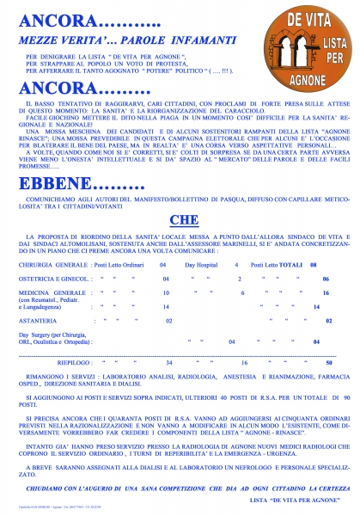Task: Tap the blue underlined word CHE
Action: [180, 219]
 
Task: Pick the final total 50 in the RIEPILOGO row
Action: [329, 364]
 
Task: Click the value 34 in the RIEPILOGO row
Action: [169, 364]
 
